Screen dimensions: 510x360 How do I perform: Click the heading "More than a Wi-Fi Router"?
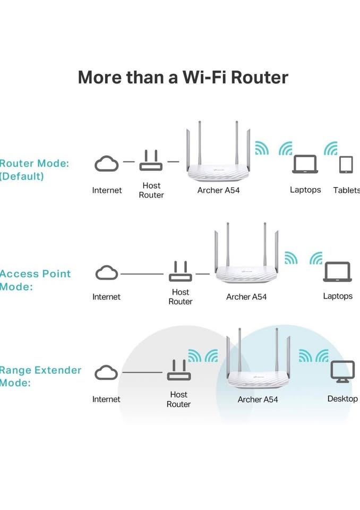(183, 78)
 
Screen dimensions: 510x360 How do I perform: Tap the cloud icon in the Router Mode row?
(107, 164)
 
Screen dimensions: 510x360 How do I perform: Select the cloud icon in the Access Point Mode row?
(107, 274)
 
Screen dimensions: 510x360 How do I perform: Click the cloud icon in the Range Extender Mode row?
(106, 372)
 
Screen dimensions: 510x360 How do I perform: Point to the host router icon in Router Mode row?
(151, 161)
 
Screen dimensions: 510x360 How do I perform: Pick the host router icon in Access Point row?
(180, 272)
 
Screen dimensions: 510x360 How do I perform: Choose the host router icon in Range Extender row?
(178, 372)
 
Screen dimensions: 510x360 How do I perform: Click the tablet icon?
(346, 165)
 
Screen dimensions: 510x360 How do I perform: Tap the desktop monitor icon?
(342, 371)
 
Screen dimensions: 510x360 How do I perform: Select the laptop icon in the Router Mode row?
(305, 165)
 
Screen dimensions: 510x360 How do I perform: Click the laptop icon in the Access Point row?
(337, 272)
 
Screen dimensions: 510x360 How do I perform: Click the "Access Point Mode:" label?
(35, 280)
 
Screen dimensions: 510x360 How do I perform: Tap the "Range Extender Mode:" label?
(40, 376)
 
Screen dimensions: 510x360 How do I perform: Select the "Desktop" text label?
(342, 398)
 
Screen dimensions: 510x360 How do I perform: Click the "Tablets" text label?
(346, 190)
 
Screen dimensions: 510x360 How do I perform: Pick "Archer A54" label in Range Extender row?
(258, 399)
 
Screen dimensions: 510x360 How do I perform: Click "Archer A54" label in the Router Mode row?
(218, 190)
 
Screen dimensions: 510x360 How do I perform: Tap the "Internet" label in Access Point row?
(107, 297)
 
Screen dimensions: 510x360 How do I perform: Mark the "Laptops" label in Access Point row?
(338, 296)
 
